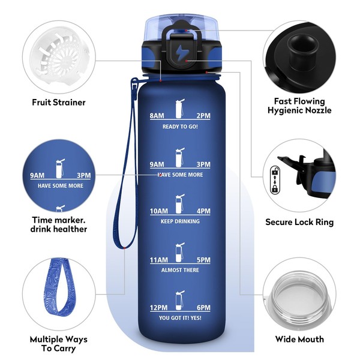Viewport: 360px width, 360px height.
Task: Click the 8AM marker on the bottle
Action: point(157,115)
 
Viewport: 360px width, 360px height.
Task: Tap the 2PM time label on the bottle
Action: point(203,115)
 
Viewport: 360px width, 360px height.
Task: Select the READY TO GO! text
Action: point(180,127)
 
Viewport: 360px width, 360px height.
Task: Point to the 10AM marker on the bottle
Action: point(159,211)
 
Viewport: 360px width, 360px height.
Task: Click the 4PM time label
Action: point(203,211)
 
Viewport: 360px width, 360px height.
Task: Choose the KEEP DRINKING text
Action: point(180,221)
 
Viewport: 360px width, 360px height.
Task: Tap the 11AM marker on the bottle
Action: point(159,260)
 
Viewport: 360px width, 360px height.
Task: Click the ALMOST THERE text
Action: point(180,270)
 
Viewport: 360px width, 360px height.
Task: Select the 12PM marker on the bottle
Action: point(158,308)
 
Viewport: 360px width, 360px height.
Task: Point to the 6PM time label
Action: point(203,308)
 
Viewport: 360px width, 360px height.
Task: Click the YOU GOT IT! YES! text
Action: point(180,318)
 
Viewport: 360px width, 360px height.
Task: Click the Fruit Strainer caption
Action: point(59,103)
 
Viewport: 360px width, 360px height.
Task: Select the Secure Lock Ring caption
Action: point(299,222)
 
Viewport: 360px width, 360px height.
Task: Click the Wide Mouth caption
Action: point(299,339)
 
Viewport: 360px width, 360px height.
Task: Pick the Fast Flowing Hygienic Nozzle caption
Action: point(299,106)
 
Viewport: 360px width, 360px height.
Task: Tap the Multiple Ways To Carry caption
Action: point(59,344)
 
